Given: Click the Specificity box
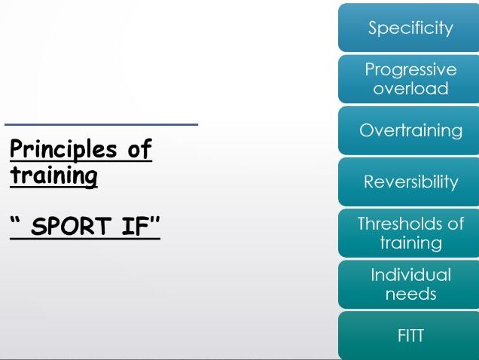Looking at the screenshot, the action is (x=409, y=28).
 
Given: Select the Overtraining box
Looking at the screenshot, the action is (x=409, y=130).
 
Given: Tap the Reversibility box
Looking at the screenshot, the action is (x=409, y=182).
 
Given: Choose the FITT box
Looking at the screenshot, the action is (x=409, y=335).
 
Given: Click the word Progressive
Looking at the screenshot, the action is (x=411, y=71).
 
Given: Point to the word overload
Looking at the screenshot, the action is (x=411, y=88).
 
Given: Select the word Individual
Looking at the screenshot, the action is (x=411, y=274).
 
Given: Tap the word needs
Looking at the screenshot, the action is (x=411, y=294).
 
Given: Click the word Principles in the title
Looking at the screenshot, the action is (x=63, y=149).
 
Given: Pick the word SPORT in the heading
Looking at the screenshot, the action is (x=71, y=226).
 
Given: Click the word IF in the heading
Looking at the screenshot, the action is (x=134, y=226).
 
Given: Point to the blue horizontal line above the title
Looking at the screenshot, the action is (x=102, y=125).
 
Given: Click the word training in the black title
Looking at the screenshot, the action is (x=53, y=175).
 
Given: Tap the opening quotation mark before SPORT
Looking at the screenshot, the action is (x=15, y=220).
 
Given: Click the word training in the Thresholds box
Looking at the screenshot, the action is (x=411, y=243).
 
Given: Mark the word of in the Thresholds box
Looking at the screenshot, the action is (x=456, y=224).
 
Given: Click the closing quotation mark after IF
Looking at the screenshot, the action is (x=154, y=220).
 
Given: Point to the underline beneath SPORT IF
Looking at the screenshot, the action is (x=85, y=239).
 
